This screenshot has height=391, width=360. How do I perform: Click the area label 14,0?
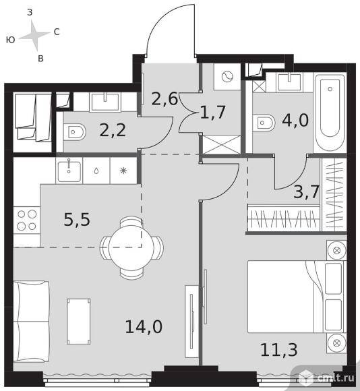click(x=144, y=327)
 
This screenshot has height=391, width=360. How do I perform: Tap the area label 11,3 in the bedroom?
click(x=278, y=350)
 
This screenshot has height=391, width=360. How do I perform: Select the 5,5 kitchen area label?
click(x=77, y=220)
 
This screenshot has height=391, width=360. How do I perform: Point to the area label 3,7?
click(x=306, y=191)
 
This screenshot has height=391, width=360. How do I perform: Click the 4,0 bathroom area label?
click(x=295, y=120)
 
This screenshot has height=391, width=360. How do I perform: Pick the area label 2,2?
click(x=113, y=130)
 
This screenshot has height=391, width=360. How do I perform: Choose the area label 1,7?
click(x=213, y=112)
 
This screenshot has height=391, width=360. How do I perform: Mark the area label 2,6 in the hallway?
click(x=164, y=98)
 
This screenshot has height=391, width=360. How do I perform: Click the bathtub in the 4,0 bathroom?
click(x=330, y=112)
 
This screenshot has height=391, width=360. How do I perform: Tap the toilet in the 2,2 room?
click(x=74, y=132)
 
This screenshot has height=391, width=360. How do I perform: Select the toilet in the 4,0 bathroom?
click(x=264, y=123)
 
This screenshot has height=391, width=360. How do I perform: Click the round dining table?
click(x=131, y=247)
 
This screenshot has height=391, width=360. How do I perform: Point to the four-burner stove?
click(x=27, y=220)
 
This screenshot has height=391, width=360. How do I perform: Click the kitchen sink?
click(x=69, y=171)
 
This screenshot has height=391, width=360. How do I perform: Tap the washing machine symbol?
click(x=227, y=77)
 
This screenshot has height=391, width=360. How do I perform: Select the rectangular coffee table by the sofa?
click(x=79, y=322)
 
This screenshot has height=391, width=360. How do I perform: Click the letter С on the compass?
click(x=57, y=32)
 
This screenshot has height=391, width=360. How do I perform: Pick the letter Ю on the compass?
click(x=11, y=40)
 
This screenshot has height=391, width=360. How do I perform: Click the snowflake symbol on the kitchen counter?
click(x=123, y=171)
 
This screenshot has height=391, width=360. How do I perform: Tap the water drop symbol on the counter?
click(x=96, y=171)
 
